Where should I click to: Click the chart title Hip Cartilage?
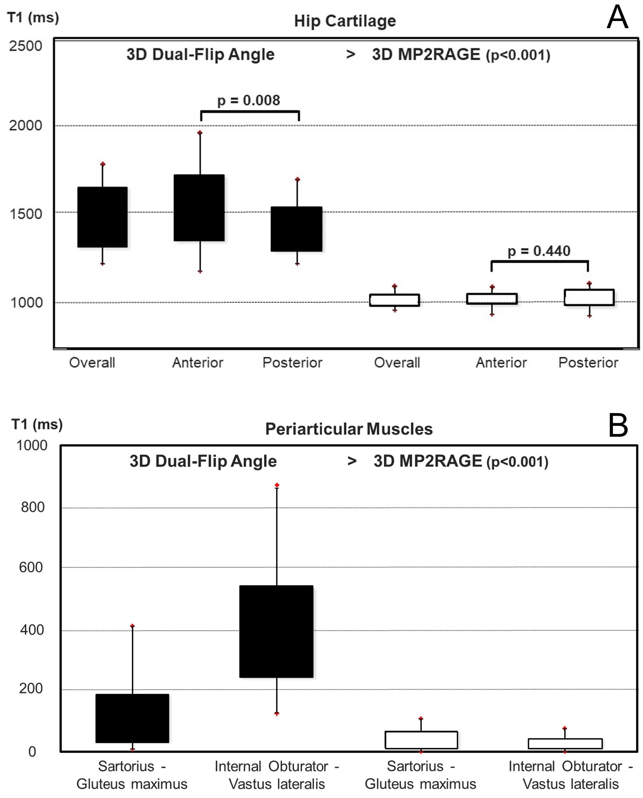[344, 21]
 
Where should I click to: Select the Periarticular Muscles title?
[349, 429]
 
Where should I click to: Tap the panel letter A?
[617, 18]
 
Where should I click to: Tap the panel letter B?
[618, 425]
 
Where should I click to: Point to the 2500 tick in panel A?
[26, 46]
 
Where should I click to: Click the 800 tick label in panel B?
[33, 507]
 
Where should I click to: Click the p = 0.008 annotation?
[249, 101]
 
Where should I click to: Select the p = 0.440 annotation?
[539, 251]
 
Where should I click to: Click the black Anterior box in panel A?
[199, 208]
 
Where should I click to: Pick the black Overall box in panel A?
[102, 217]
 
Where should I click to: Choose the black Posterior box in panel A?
[296, 229]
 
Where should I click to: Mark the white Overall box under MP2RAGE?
[394, 300]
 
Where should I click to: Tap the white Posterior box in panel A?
[589, 298]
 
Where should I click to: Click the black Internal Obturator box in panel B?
[276, 631]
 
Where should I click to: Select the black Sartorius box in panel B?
[132, 718]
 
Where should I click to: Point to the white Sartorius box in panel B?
[421, 740]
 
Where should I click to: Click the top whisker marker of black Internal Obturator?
[277, 485]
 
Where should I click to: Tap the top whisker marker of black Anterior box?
[200, 133]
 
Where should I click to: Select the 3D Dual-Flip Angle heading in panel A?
[200, 55]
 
